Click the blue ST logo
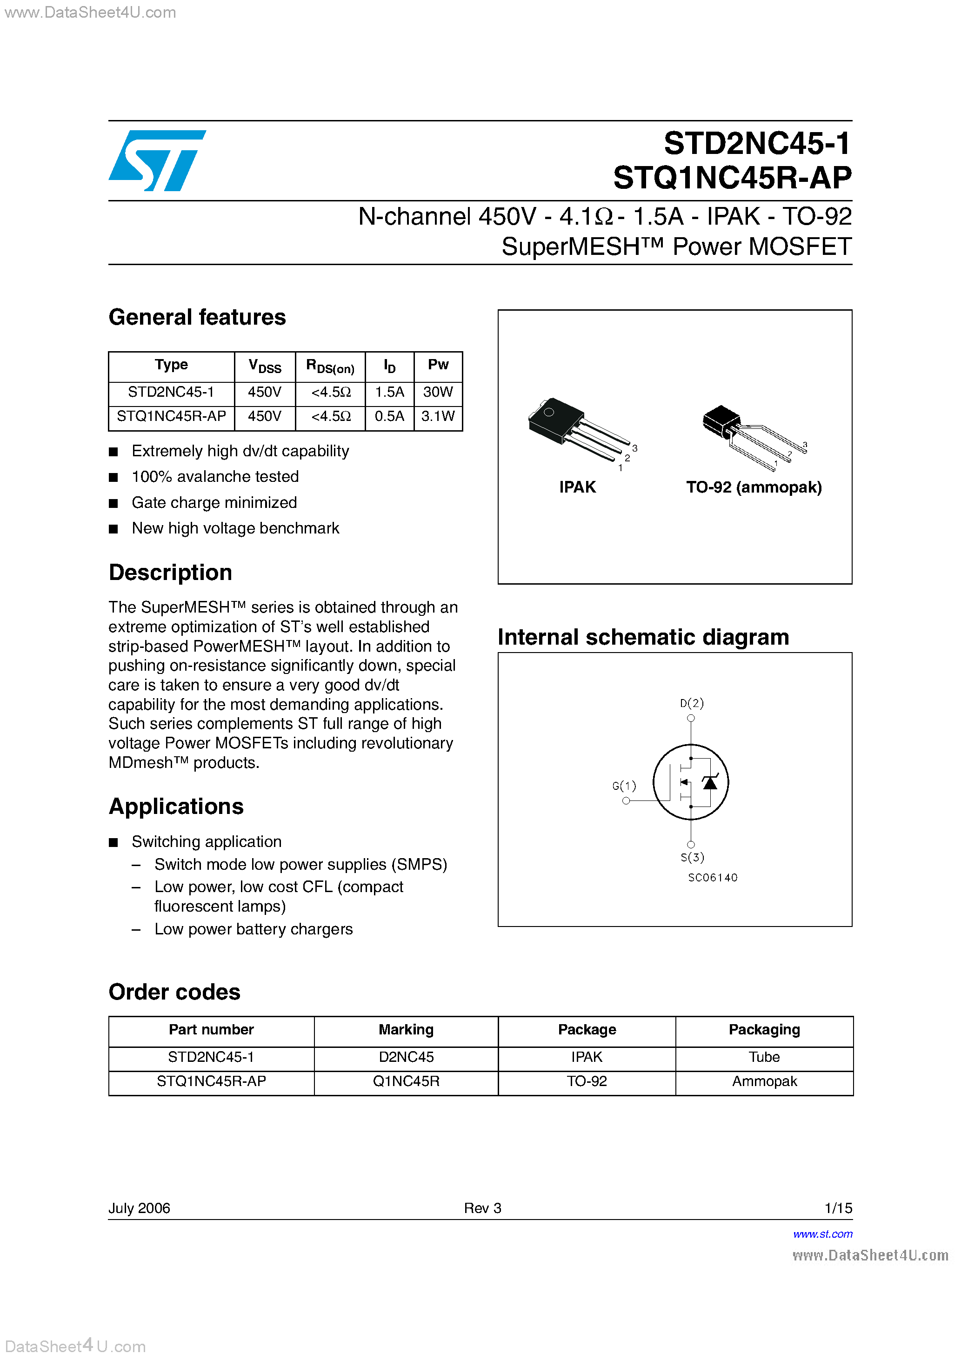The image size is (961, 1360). click(x=157, y=160)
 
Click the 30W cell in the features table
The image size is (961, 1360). click(x=438, y=392)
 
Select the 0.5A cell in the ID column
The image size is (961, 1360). click(x=389, y=416)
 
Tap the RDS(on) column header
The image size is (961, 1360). click(x=330, y=367)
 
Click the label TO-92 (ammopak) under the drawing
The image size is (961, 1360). click(x=754, y=487)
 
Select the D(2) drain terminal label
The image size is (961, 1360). click(x=691, y=703)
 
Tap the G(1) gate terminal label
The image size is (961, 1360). click(x=624, y=786)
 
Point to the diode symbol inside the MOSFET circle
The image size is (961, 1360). click(x=710, y=782)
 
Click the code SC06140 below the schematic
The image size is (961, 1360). click(x=713, y=878)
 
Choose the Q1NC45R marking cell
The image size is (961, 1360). click(x=406, y=1081)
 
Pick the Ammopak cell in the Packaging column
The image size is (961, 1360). click(x=764, y=1081)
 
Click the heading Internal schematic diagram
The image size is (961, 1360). click(x=643, y=637)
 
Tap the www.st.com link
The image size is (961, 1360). click(x=822, y=1234)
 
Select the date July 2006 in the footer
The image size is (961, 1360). click(x=139, y=1208)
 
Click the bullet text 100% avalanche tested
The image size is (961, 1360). click(x=215, y=477)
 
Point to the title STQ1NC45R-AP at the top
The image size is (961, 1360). click(x=732, y=178)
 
